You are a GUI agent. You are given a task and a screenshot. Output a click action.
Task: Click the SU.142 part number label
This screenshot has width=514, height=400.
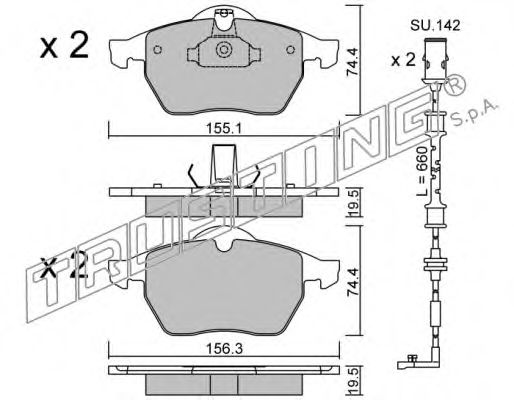435,25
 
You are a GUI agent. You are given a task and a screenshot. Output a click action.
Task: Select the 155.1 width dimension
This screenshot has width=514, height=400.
223,128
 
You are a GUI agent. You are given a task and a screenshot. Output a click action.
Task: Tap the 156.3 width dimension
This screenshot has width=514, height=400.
224,349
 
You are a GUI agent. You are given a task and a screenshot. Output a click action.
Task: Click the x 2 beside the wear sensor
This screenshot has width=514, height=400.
403,61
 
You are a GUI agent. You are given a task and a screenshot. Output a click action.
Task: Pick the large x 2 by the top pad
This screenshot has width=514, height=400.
64,45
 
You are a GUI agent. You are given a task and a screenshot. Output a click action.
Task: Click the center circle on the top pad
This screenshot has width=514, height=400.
223,50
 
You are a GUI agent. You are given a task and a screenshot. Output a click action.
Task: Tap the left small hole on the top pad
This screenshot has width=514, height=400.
157,50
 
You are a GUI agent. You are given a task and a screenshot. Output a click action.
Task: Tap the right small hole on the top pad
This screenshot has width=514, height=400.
291,50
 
